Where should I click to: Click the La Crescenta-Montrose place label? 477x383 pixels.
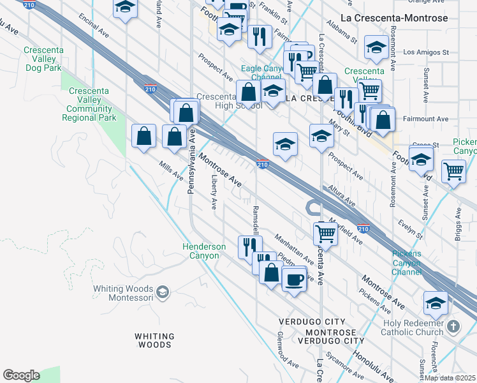click(404, 19)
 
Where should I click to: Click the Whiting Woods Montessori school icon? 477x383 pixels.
click(163, 292)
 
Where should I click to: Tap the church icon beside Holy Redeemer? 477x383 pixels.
click(453, 327)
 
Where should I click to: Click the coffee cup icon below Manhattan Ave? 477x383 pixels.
click(294, 278)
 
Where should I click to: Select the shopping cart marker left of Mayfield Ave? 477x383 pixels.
click(326, 233)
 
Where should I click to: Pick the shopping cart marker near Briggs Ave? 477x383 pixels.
click(453, 170)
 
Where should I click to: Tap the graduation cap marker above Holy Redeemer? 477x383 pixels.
click(436, 303)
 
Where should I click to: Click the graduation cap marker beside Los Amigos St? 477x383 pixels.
click(376, 47)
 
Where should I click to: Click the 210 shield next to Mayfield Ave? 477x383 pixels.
click(363, 228)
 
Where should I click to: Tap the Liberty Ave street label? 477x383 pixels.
click(214, 195)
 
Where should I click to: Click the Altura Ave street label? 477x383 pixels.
click(342, 195)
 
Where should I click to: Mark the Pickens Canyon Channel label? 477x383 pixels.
click(406, 263)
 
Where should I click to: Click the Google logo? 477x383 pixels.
click(21, 375)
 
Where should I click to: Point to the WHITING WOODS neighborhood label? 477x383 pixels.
click(154, 340)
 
